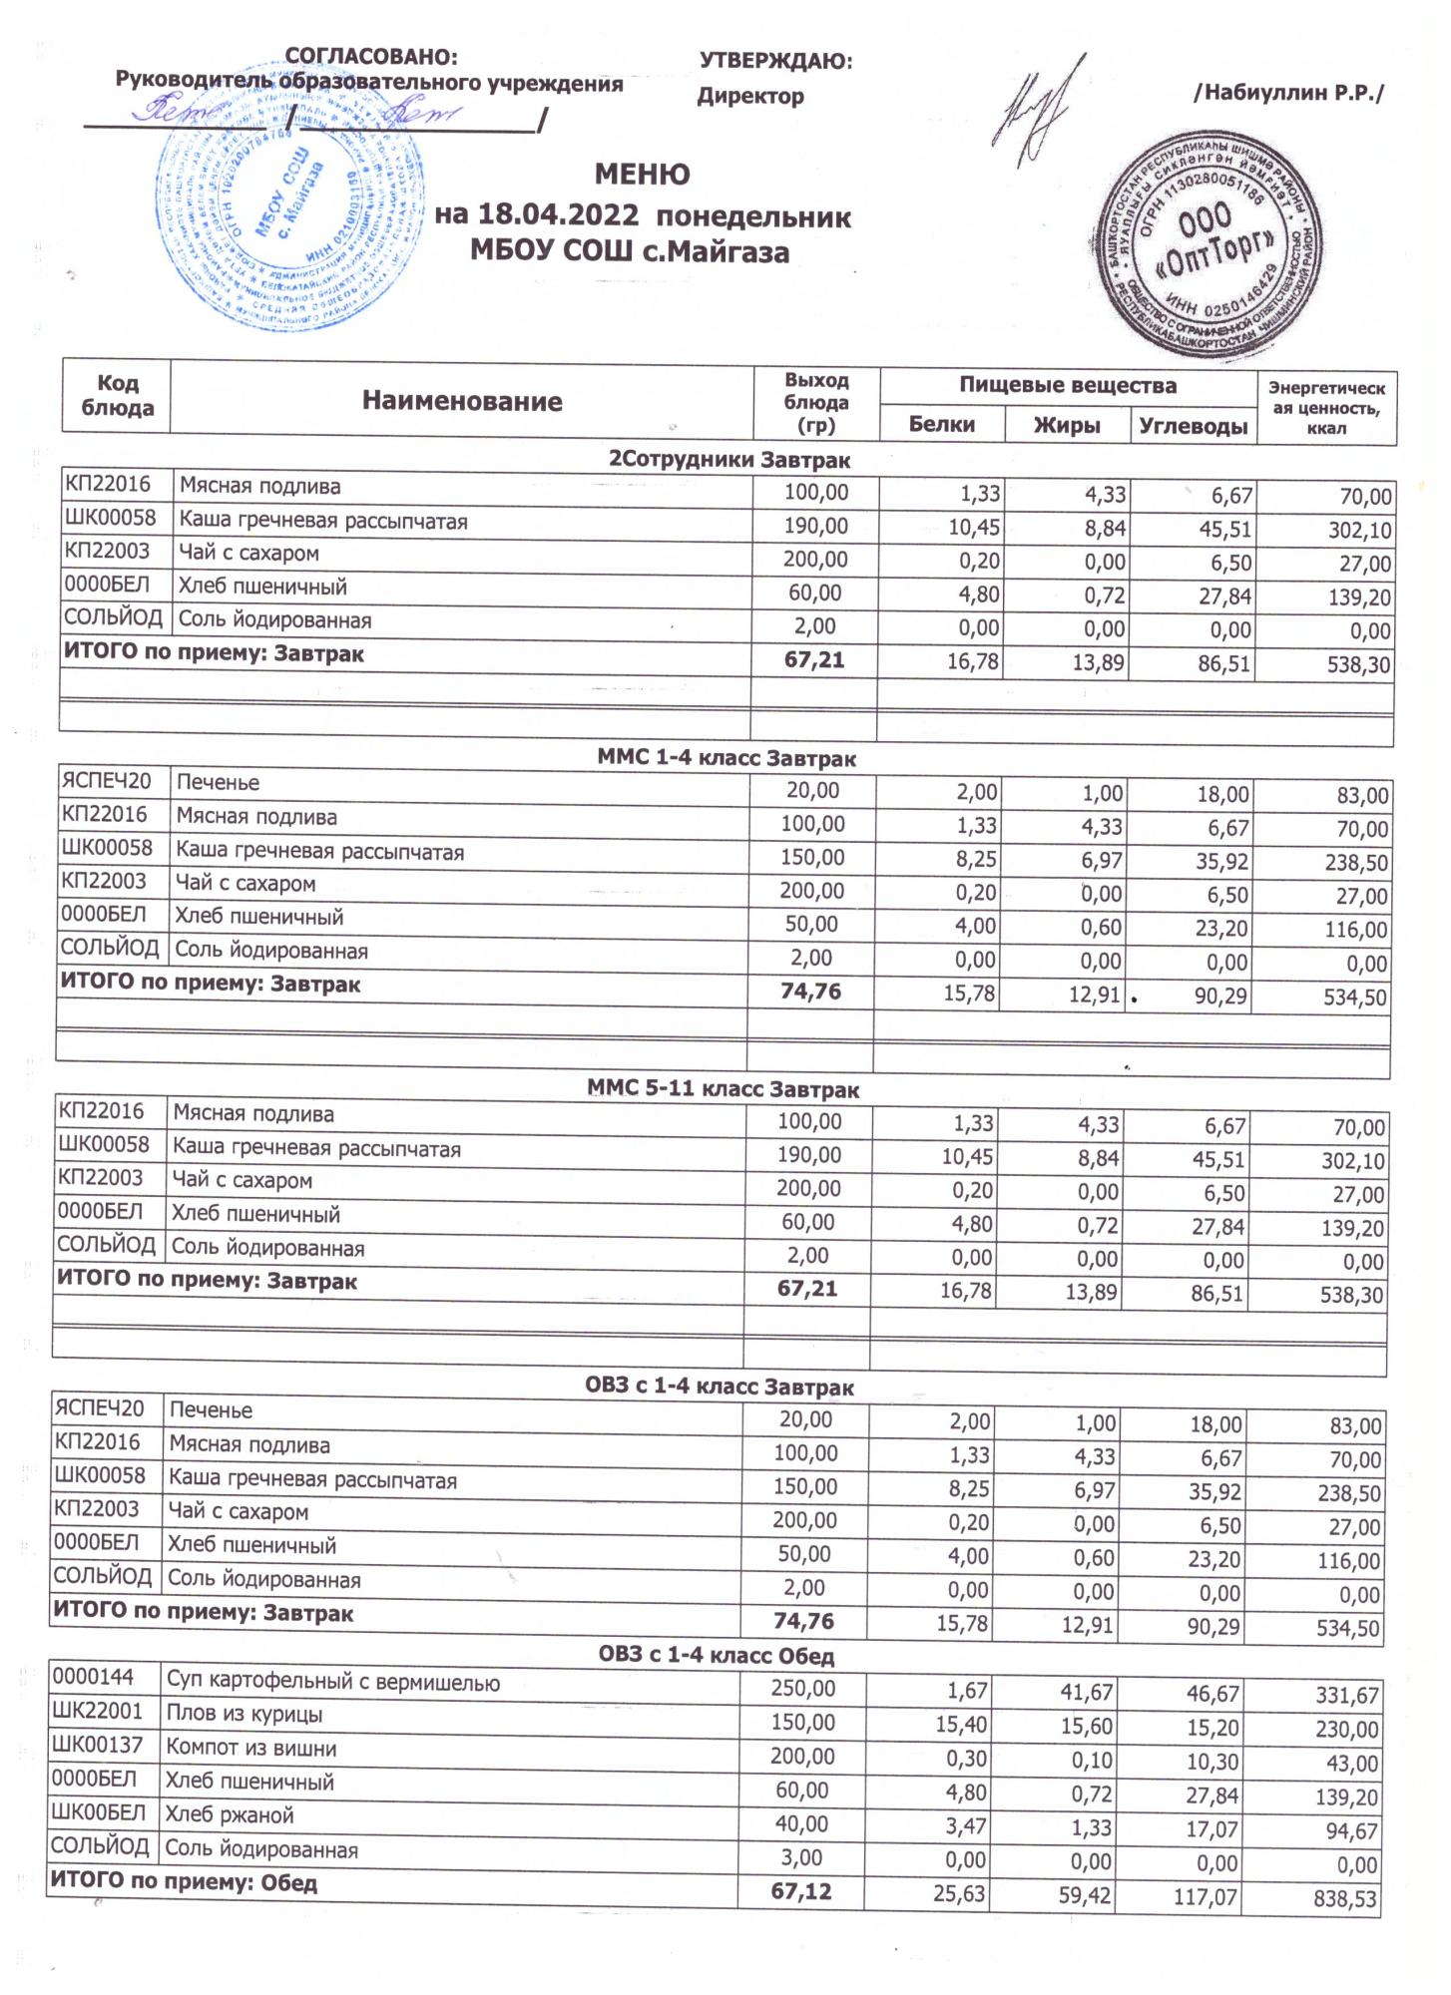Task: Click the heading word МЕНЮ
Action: tap(642, 175)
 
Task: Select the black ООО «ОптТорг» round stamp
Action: tap(1212, 248)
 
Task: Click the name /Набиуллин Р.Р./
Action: tap(1288, 94)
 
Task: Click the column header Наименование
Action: tap(462, 402)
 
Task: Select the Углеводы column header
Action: tap(1194, 426)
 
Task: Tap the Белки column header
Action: tap(941, 425)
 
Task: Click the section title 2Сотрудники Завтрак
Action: tap(729, 460)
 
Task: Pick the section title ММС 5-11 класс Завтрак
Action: tap(724, 1090)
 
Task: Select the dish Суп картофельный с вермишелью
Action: tap(333, 1682)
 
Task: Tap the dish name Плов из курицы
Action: tap(243, 1716)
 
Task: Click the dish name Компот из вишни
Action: tap(250, 1749)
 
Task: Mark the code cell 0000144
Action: tap(92, 1680)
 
